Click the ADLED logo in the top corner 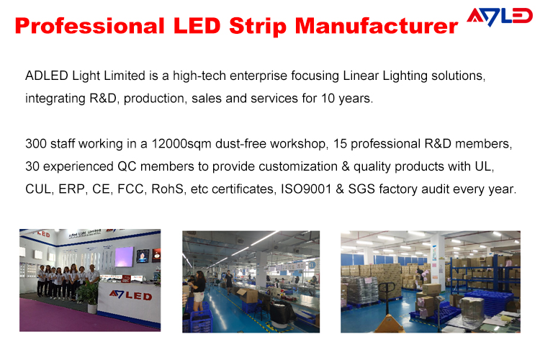pos(500,17)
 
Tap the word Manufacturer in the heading pos(377,26)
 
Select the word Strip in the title pos(257,27)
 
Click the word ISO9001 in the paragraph pos(306,189)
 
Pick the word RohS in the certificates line pos(167,189)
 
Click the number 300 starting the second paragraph pos(36,144)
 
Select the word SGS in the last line pos(361,189)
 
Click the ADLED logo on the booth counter pos(130,295)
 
